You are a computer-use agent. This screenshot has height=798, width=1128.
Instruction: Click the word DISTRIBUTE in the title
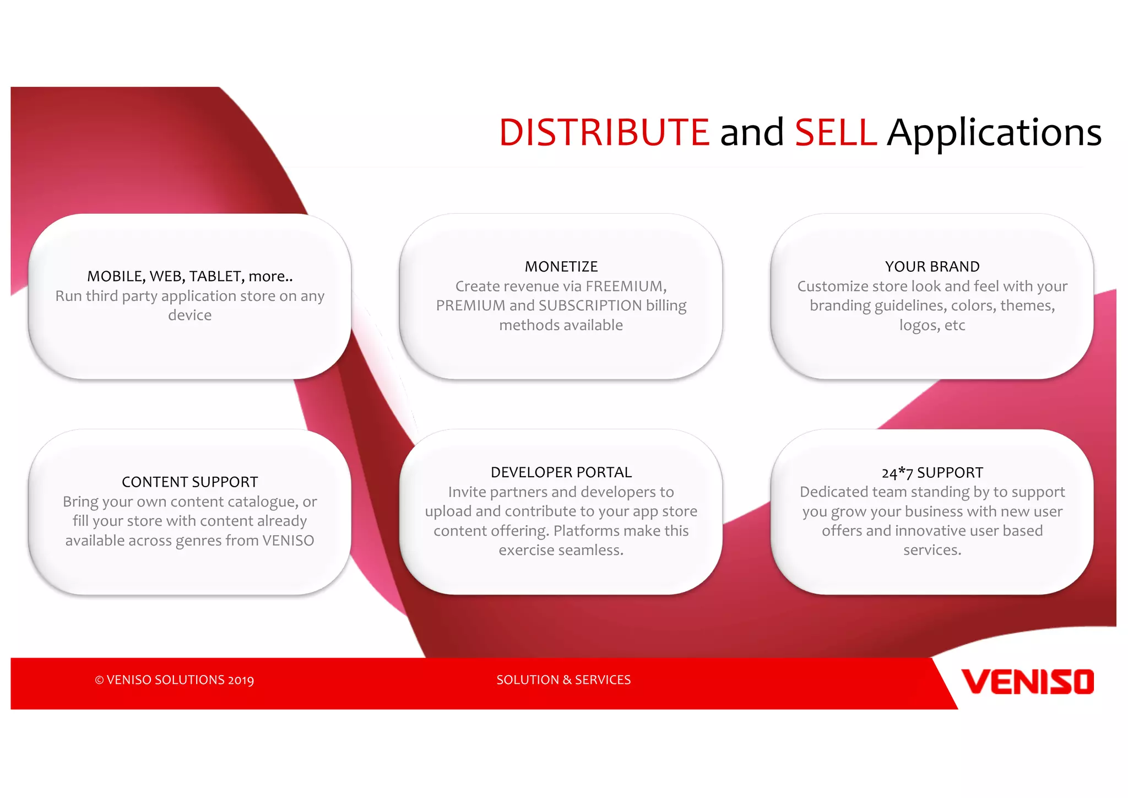tap(604, 133)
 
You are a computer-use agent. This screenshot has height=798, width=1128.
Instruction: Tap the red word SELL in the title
tap(836, 133)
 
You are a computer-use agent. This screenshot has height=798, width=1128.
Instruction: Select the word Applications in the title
tap(994, 133)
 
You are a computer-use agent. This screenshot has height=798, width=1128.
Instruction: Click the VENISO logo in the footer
tap(1027, 682)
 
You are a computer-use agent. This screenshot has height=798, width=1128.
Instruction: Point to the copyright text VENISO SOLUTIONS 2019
tap(175, 680)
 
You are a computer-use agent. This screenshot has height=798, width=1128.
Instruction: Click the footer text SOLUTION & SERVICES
tap(563, 680)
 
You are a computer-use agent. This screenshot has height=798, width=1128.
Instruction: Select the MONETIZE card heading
tap(561, 267)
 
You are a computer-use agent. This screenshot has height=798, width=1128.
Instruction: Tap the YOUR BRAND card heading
tap(932, 267)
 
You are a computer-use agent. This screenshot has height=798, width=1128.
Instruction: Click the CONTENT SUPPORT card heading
tap(189, 482)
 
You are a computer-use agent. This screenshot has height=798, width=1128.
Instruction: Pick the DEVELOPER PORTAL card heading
tap(561, 472)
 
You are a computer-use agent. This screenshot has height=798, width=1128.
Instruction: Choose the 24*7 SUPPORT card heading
tap(932, 473)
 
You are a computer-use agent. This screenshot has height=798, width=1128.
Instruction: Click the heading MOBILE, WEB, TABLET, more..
tap(189, 276)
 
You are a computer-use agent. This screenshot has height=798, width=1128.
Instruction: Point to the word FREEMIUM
tap(625, 287)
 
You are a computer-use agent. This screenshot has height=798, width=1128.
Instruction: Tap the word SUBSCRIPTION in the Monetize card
tap(590, 306)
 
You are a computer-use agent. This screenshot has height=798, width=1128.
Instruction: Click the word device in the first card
tap(189, 315)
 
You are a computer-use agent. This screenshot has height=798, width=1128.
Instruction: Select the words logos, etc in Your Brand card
tap(932, 325)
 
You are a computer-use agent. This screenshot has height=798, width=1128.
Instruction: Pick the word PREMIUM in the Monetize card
tap(470, 306)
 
